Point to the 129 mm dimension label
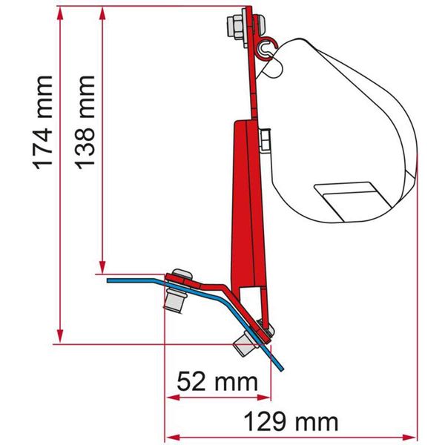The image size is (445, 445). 291,423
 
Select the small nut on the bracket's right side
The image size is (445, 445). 265,136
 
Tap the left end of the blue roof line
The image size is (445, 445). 108,281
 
